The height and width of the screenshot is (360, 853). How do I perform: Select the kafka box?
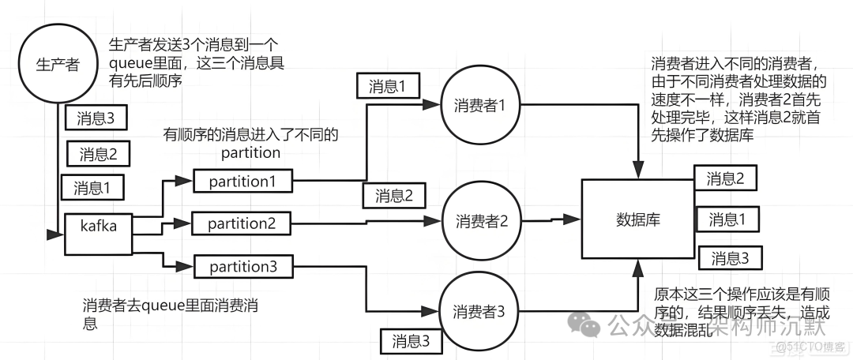[98, 234]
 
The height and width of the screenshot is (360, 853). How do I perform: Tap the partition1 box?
[242, 182]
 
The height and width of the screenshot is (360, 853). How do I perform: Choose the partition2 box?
[242, 224]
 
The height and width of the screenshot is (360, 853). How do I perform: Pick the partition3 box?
[242, 267]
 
